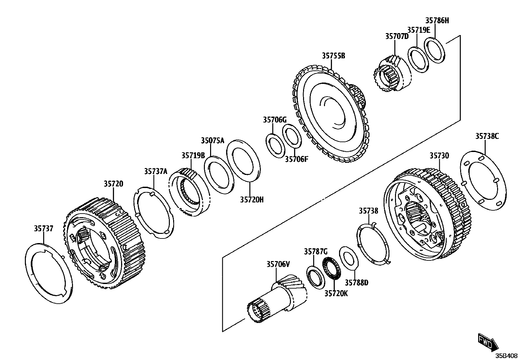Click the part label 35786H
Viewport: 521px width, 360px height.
(x=437, y=20)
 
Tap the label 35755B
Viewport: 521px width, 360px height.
(x=333, y=56)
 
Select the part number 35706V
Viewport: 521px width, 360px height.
(x=278, y=264)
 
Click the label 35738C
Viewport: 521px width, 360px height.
(x=487, y=136)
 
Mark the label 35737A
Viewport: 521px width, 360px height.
(x=156, y=171)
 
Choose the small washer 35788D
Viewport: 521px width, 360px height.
(x=349, y=258)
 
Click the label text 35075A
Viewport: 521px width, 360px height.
(x=212, y=141)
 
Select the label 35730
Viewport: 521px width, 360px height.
(x=439, y=156)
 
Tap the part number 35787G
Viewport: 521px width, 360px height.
(x=315, y=252)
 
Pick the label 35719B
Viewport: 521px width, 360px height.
(x=193, y=155)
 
